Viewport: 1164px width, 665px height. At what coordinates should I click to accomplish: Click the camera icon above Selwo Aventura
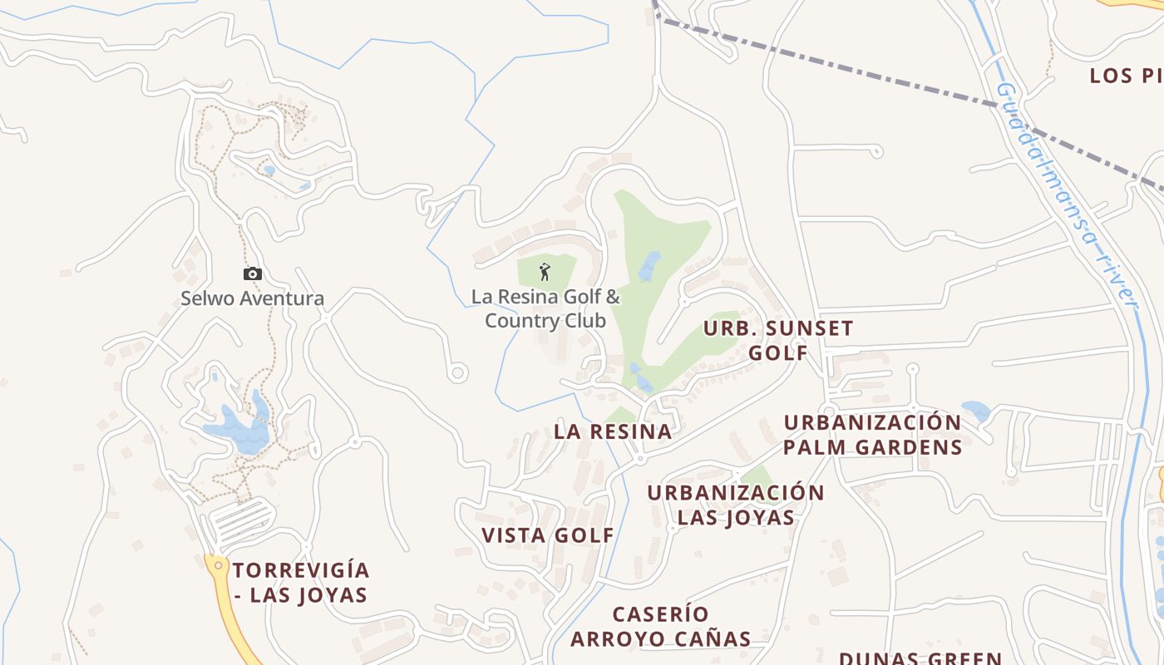tap(253, 273)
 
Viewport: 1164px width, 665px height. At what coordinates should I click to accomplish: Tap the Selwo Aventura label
tap(253, 298)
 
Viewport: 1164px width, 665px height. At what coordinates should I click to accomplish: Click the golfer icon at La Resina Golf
tap(545, 271)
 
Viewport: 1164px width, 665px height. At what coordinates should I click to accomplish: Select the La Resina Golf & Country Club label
tap(545, 308)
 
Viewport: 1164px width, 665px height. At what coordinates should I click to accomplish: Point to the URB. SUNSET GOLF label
tap(778, 340)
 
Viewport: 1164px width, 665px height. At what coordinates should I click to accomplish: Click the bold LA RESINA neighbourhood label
tap(613, 431)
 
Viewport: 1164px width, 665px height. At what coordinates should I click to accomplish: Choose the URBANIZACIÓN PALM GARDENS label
tap(873, 435)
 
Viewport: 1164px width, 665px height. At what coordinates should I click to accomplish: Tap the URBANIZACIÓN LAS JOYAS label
tap(736, 505)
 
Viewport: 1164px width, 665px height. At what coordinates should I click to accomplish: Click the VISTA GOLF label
tap(548, 536)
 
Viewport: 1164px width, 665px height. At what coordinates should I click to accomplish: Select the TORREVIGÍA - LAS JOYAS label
tap(301, 583)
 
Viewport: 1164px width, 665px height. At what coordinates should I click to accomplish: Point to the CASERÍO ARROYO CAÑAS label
tap(661, 627)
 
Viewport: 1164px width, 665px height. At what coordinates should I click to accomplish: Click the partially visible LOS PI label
tap(1126, 76)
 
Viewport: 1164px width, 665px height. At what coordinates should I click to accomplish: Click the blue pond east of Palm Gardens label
tap(975, 411)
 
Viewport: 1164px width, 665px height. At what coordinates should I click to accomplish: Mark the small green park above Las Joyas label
tap(757, 476)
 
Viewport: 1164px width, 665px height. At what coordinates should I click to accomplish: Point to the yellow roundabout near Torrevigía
tap(218, 565)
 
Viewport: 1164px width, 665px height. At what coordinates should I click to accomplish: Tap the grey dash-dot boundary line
tap(831, 64)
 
